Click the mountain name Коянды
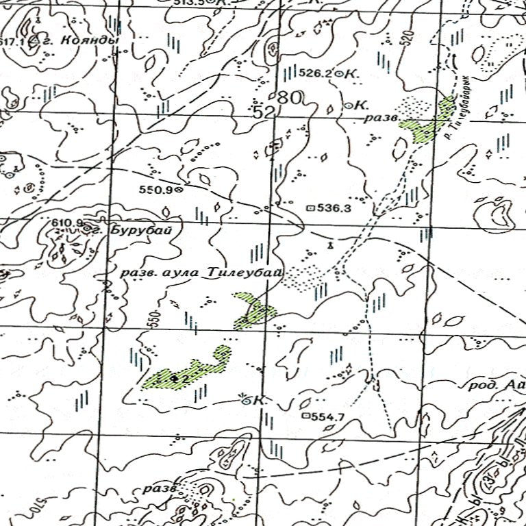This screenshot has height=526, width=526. (90, 41)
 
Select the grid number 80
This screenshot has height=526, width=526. (290, 98)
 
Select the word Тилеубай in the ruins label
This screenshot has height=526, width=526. (245, 273)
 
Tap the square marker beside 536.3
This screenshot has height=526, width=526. (310, 206)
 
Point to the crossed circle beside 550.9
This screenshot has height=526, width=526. (179, 190)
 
